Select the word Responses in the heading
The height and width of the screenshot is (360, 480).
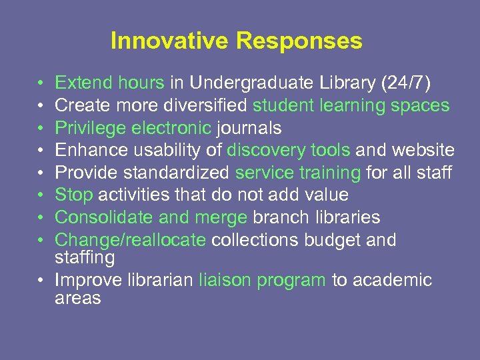click(x=299, y=41)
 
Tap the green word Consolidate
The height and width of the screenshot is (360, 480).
click(x=103, y=217)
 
